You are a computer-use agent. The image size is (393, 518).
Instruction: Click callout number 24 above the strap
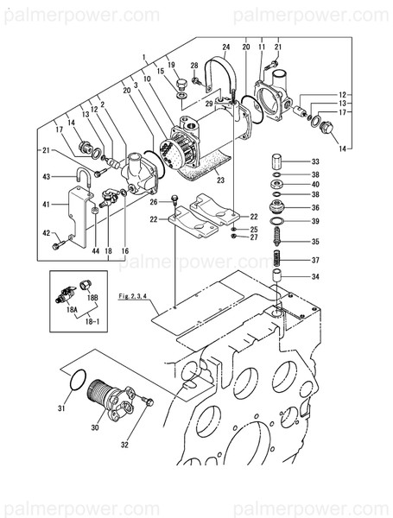pyautogui.click(x=226, y=47)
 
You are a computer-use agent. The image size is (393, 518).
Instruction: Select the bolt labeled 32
pyautogui.click(x=146, y=400)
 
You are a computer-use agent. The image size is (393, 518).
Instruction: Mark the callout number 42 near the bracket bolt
pyautogui.click(x=48, y=233)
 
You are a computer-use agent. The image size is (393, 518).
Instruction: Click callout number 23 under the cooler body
pyautogui.click(x=220, y=180)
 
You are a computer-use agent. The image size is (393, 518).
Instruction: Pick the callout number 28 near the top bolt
pyautogui.click(x=195, y=66)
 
